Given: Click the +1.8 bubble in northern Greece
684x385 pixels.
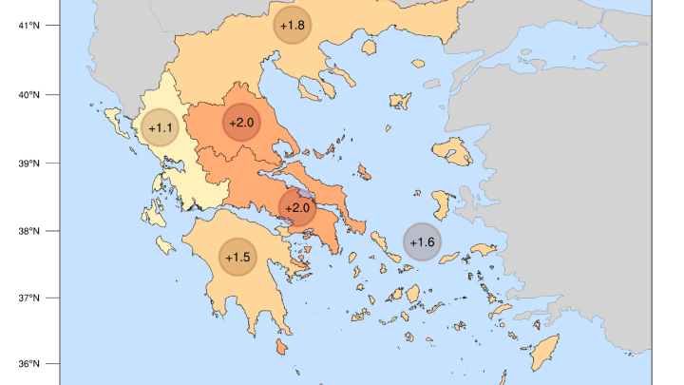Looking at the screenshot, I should point(293,25).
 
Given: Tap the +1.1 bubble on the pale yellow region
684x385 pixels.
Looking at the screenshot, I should point(160,127).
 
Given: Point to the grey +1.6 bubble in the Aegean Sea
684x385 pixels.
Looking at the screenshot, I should point(422,242).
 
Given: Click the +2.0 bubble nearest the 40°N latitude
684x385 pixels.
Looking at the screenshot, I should point(241,122).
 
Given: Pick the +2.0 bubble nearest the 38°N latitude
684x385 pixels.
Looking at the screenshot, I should point(297,207).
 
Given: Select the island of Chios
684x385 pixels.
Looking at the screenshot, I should point(443,202).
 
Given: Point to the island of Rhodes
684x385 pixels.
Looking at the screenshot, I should point(544,353).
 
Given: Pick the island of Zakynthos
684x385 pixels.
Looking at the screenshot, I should point(164,246).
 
